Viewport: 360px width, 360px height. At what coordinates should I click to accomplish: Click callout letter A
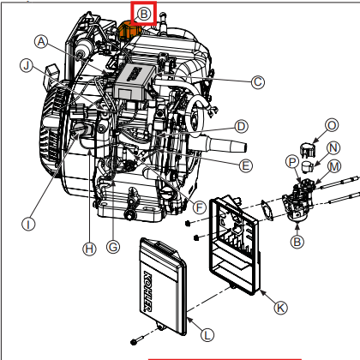point(40,41)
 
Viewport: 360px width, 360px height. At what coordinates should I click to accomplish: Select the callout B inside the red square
point(143,13)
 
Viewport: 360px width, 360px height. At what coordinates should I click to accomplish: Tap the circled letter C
point(257,81)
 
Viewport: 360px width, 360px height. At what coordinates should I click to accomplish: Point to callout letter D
point(242,126)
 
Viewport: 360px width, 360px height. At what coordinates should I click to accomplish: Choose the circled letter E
point(246,165)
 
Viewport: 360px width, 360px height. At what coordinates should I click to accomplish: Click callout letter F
point(199,207)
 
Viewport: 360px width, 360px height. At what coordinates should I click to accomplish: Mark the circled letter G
point(113,247)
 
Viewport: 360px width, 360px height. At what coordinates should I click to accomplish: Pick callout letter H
point(87,249)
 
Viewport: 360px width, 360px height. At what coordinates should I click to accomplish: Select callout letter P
point(291,160)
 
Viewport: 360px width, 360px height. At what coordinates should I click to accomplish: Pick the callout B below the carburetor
point(297,242)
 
